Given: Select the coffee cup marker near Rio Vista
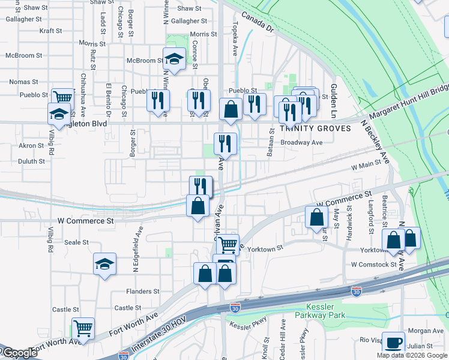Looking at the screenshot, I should tap(393, 343).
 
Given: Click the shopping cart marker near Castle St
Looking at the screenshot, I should tap(83, 328).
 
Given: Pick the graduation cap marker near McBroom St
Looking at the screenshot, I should tap(174, 59).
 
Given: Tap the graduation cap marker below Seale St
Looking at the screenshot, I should tap(104, 263).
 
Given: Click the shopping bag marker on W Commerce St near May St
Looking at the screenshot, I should tap(316, 217).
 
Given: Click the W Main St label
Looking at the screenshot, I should tap(366, 163).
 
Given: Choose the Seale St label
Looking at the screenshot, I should tap(76, 242).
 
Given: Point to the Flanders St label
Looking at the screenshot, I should tap(142, 291).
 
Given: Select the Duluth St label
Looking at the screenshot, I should tap(31, 161).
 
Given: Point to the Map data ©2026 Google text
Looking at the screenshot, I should tap(411, 355).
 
